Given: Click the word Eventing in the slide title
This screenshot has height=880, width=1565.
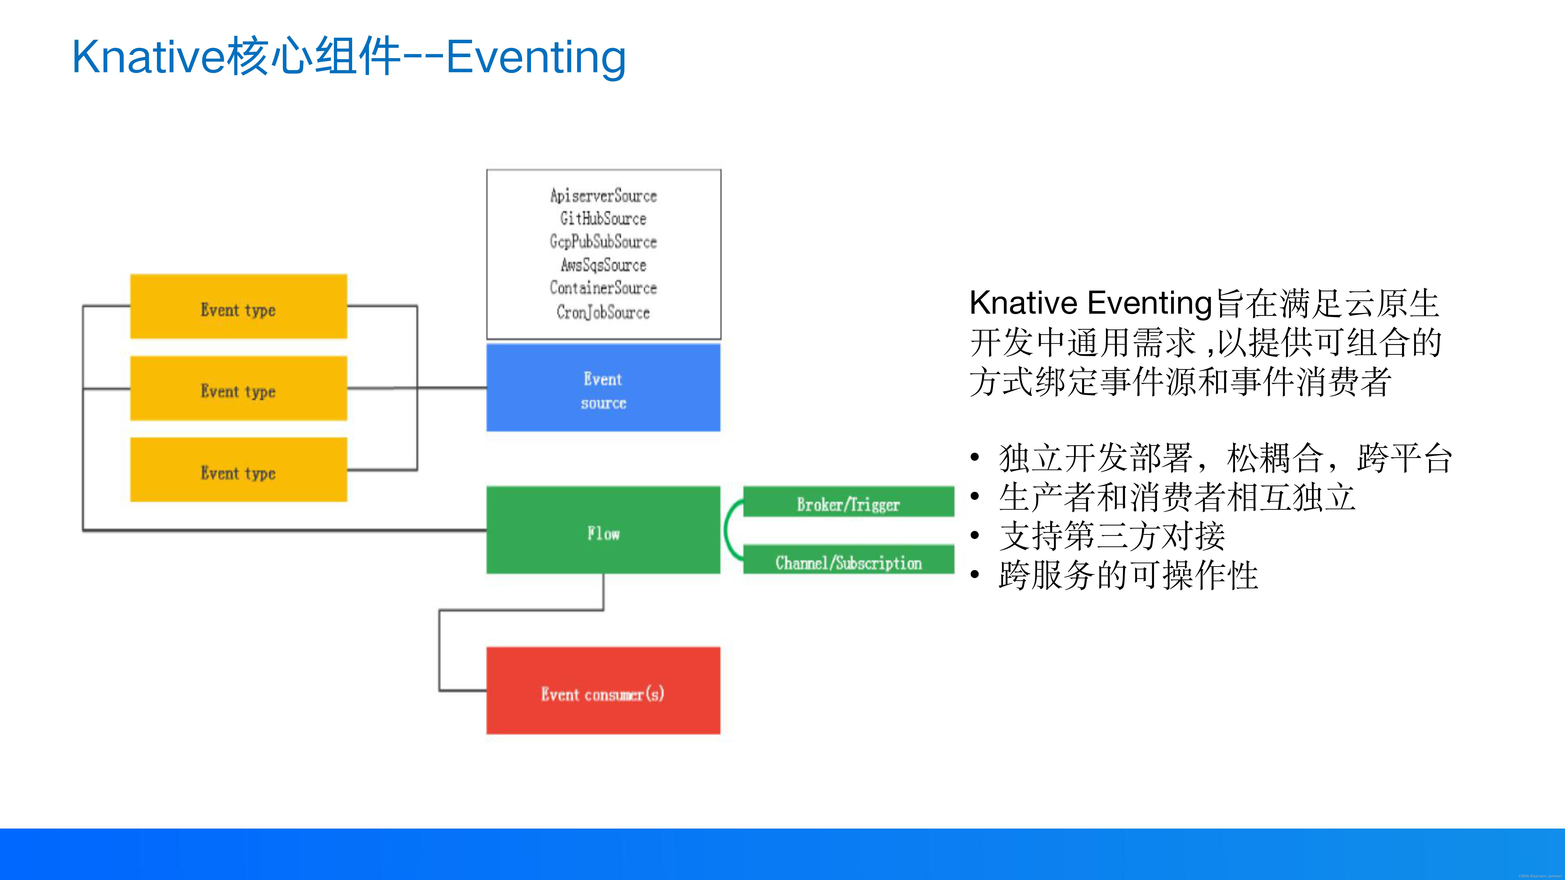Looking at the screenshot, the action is tap(536, 58).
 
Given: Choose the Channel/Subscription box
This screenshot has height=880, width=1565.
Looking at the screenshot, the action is tap(848, 560).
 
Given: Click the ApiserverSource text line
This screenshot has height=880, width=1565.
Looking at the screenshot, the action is tap(603, 196).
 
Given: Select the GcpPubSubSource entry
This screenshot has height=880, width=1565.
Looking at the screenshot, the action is tap(603, 242).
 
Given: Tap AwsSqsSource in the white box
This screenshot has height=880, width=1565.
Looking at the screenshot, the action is tap(603, 265).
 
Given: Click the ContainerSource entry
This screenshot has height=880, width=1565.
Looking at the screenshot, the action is tap(603, 288).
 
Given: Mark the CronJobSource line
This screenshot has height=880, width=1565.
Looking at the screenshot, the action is tap(603, 312).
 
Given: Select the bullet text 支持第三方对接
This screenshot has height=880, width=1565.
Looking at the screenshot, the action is tap(1112, 536).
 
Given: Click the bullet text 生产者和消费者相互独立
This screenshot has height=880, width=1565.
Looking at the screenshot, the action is tap(1177, 497).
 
